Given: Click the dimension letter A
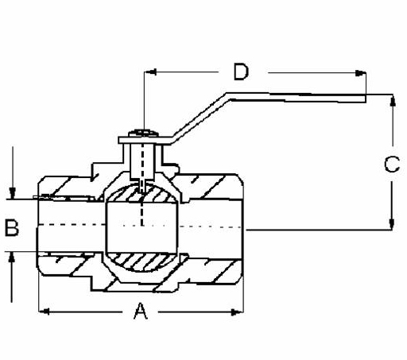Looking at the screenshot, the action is point(141,312).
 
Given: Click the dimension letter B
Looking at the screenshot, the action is point(12,228).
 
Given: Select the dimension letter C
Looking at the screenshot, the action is point(392,165).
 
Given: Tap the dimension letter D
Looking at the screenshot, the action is point(241,72).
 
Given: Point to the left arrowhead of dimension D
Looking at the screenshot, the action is point(150,72).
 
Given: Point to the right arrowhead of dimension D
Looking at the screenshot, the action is point(361,73).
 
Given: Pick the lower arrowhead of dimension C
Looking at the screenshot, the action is point(393,224).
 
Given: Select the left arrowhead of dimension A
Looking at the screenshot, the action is point(45,312).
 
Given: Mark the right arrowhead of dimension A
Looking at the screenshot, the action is point(237,312).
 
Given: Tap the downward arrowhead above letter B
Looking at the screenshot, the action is point(12,193).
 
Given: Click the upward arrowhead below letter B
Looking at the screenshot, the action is point(11,257).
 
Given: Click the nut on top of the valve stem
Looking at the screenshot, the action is point(143,134).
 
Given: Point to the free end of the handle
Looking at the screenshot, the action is point(365,99).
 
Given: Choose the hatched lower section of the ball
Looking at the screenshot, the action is point(141,262).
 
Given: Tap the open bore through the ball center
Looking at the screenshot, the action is point(141,227).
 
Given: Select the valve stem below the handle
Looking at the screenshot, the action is point(141,161).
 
